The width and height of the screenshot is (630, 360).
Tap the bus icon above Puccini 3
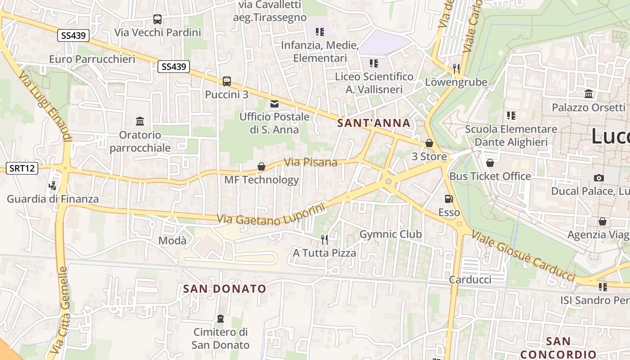point(227,81)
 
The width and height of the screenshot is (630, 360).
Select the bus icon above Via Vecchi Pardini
point(157,19)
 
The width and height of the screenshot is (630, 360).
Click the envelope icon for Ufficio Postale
point(274,104)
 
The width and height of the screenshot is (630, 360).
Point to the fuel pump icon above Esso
point(449,199)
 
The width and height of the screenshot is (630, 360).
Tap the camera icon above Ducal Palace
point(598,178)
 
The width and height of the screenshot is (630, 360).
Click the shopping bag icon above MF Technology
point(261,167)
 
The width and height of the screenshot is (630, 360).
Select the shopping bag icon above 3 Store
point(429,143)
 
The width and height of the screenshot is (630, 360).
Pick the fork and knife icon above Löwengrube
point(456,69)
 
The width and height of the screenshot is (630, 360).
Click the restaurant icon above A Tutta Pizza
point(324,239)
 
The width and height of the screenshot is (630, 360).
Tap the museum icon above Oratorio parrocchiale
point(140,121)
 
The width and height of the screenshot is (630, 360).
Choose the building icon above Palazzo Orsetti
point(589,94)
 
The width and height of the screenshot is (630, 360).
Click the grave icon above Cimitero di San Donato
point(220,319)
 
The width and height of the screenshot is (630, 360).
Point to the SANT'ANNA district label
point(374,123)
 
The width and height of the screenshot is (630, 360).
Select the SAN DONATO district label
point(225,288)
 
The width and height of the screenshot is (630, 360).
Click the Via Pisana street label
point(311,162)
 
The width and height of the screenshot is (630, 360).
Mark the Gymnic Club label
point(391,234)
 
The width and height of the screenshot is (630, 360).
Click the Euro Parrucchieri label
point(92,59)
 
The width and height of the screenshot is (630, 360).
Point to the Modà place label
point(172,241)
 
